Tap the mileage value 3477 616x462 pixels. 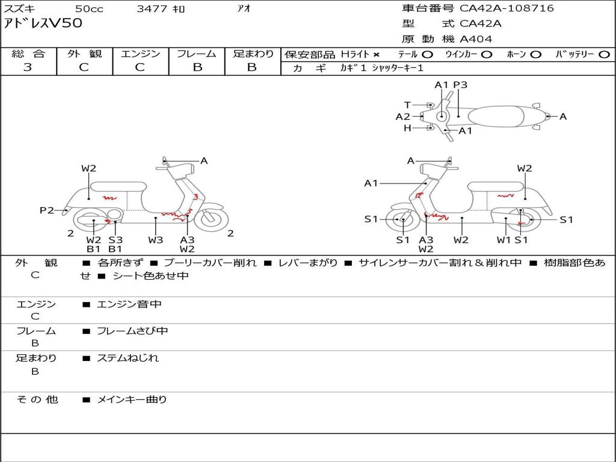point(152,8)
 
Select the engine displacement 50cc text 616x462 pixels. point(88,8)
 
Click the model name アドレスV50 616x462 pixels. point(43,23)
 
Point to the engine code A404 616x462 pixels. point(476,39)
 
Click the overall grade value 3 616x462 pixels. point(28,67)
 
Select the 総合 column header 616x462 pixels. point(28,54)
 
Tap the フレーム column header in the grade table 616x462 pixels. point(197,54)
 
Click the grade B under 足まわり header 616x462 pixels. point(252,67)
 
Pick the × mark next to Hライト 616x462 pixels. point(377,55)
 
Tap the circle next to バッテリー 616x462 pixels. point(604,55)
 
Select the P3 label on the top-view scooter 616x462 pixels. point(460,85)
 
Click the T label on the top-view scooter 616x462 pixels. point(407,105)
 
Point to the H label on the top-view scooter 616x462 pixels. point(407,128)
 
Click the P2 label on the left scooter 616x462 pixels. point(47,210)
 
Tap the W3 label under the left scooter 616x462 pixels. point(155,239)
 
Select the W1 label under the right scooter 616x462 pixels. point(504,239)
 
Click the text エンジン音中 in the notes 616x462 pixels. point(129,304)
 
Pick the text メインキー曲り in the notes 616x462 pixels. point(132,399)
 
